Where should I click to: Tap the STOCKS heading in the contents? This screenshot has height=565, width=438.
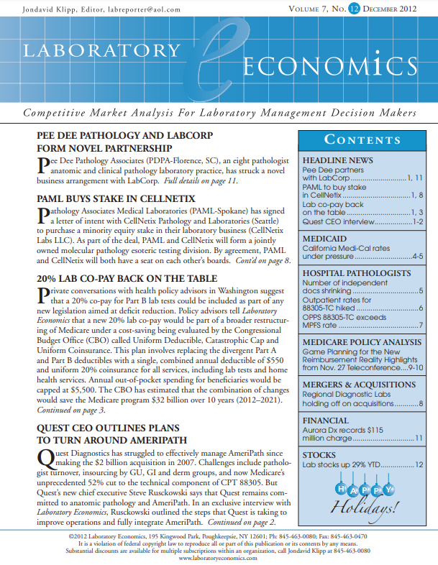pos(319,455)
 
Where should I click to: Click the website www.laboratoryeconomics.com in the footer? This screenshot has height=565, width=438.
pos(219,558)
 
